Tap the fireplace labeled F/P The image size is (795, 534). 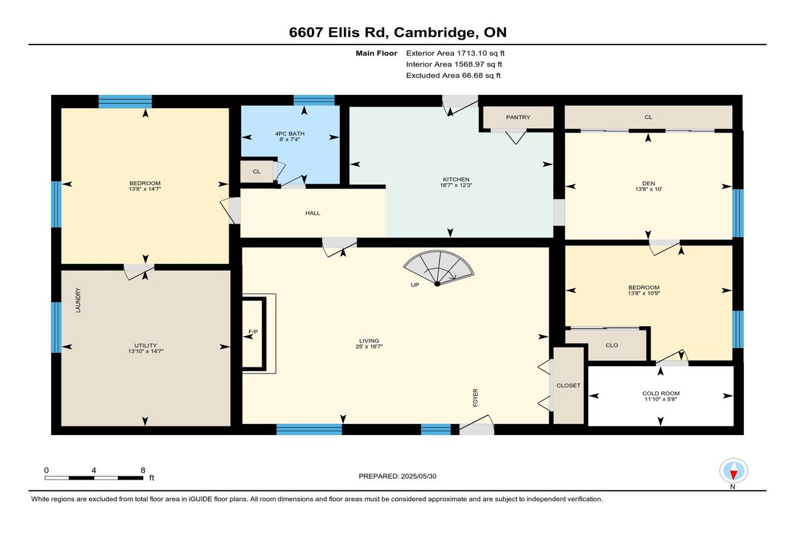pos(254,334)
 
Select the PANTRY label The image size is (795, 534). pos(518,117)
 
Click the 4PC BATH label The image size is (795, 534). pos(290,133)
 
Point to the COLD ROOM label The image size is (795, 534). pos(661,393)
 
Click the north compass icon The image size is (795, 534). pos(733,470)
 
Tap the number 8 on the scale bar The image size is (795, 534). pos(142,470)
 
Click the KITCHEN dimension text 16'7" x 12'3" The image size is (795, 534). pos(456,185)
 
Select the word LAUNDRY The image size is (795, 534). pos(78,300)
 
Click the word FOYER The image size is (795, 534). pos(475,397)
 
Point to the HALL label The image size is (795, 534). pos(313,213)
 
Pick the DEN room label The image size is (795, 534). pos(649,183)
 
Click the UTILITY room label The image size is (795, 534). pos(146,346)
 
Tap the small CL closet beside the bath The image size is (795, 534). pos(256,172)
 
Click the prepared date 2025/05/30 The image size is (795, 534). pos(419,476)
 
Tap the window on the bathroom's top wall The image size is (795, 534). pos(314,101)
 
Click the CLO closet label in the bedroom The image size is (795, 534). pos(612,345)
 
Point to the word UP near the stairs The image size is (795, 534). pos(415,285)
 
